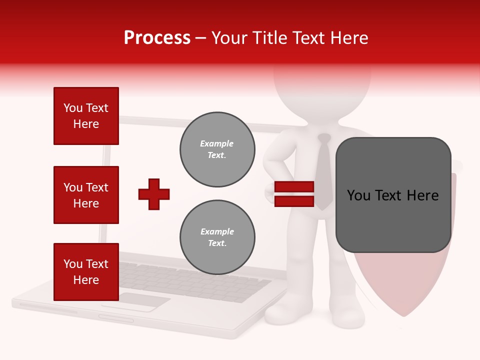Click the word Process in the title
157,38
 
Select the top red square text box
86,116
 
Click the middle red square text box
86,195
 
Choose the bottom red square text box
86,272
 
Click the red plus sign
154,194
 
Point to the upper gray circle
217,149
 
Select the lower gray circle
217,237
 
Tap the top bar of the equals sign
294,187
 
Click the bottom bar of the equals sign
294,201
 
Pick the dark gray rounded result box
393,195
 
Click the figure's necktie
324,170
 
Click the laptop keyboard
195,280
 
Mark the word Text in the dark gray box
392,195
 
